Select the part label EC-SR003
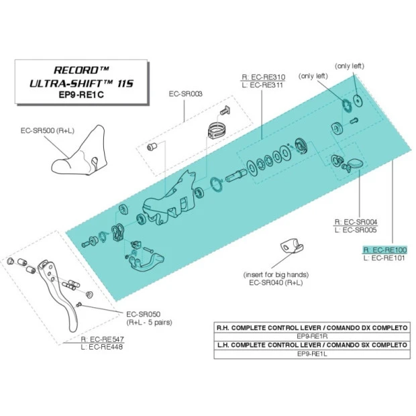click(x=186, y=95)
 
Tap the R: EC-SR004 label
click(x=356, y=222)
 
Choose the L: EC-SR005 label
click(x=356, y=230)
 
